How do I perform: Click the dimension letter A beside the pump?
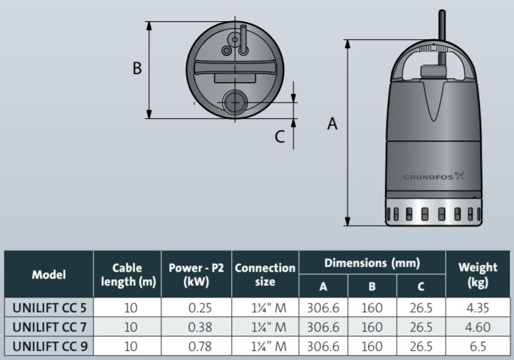[333, 124]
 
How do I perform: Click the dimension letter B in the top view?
[137, 68]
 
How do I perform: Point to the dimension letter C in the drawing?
[280, 136]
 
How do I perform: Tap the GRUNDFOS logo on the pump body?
[433, 176]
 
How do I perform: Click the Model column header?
[48, 274]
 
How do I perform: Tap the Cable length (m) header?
[127, 274]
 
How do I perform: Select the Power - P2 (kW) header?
[196, 274]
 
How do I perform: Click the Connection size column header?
[265, 274]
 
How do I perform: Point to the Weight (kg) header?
[477, 274]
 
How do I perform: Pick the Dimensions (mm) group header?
[372, 263]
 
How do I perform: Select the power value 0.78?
[196, 346]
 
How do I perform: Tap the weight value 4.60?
[477, 327]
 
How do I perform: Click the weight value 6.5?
[477, 346]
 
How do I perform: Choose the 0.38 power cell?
[196, 327]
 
